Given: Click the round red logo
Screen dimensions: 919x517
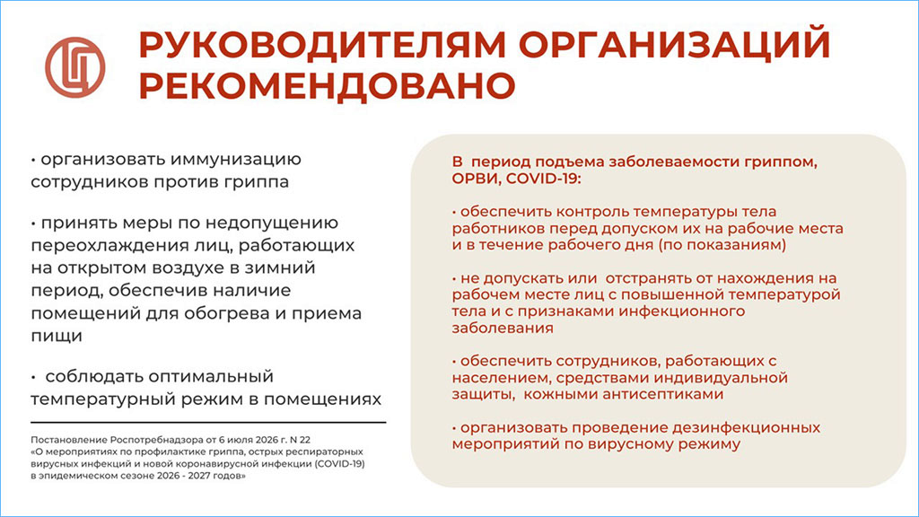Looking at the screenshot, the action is point(75,67).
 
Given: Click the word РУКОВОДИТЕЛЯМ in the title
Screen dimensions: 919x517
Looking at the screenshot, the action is point(322,45).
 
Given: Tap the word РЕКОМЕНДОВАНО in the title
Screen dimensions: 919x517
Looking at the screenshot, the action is point(327,85).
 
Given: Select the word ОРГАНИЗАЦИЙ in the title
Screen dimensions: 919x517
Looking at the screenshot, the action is point(675,46).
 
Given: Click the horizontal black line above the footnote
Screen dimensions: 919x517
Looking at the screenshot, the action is point(208,422).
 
